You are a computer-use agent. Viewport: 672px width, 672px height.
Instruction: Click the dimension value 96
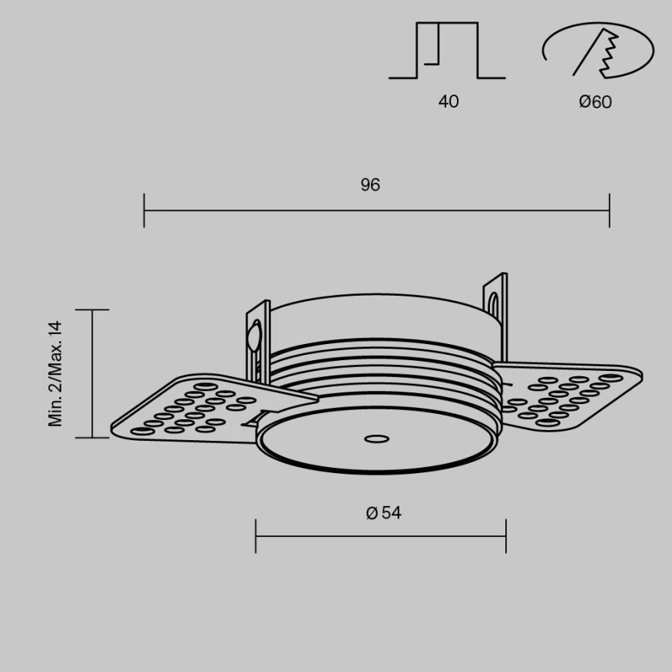pos(370,185)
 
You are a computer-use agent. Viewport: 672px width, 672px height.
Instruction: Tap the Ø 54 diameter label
pos(384,513)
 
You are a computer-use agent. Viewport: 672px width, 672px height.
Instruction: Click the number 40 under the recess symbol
pos(449,101)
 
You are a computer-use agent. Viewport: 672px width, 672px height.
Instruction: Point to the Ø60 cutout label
pos(595,101)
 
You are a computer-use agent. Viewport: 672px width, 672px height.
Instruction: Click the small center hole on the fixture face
pos(376,439)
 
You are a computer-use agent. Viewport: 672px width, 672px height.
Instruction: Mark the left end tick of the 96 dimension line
pos(144,210)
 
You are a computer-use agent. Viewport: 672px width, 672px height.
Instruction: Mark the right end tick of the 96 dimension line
pos(609,210)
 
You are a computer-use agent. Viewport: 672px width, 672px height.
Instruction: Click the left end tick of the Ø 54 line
pos(256,535)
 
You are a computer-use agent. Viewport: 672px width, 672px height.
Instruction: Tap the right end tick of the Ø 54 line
pos(506,535)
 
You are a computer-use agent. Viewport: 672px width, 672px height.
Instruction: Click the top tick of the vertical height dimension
pos(92,310)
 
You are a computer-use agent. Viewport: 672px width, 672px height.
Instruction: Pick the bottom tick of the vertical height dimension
pos(92,438)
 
